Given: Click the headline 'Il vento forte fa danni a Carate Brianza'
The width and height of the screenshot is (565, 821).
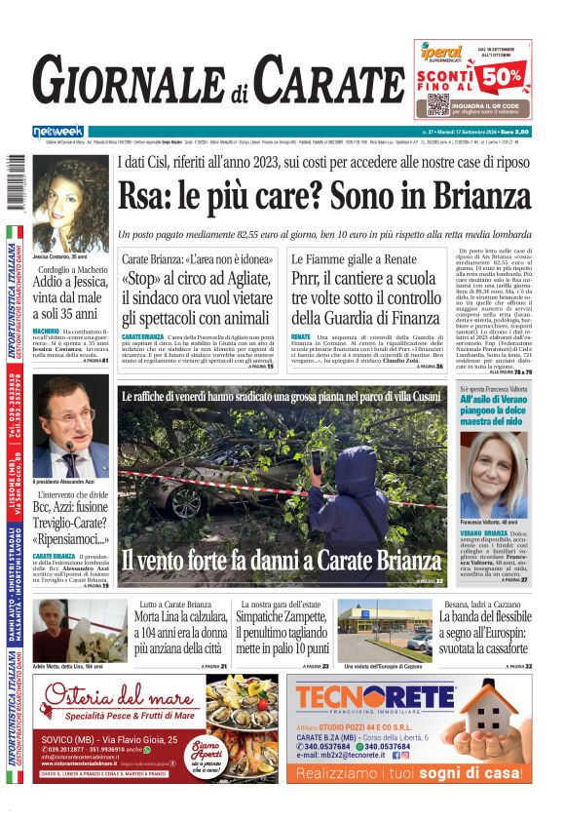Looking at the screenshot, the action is click(281, 561).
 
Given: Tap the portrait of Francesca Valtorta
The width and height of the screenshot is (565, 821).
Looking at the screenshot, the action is click(495, 474).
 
